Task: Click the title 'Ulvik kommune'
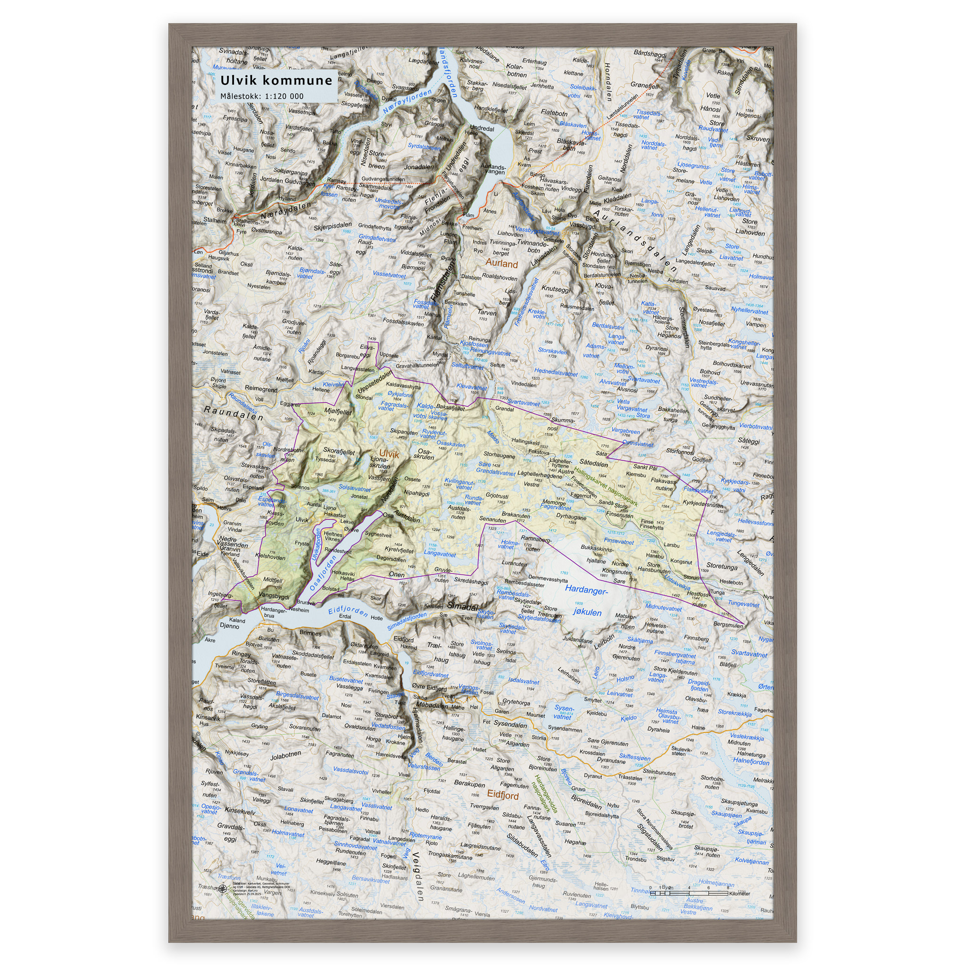pyautogui.click(x=276, y=81)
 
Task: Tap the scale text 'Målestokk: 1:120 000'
pyautogui.click(x=261, y=97)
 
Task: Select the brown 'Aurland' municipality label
pyautogui.click(x=501, y=264)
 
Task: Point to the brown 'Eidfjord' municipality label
pyautogui.click(x=503, y=795)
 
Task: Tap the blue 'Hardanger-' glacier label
pyautogui.click(x=586, y=591)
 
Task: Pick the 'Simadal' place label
pyautogui.click(x=463, y=606)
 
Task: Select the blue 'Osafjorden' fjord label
pyautogui.click(x=324, y=574)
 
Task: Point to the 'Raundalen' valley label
pyautogui.click(x=233, y=414)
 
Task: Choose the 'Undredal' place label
pyautogui.click(x=482, y=128)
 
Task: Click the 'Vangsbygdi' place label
pyautogui.click(x=274, y=597)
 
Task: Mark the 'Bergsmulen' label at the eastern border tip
pyautogui.click(x=728, y=625)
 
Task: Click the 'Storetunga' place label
pyautogui.click(x=722, y=566)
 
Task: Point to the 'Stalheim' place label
pyautogui.click(x=215, y=220)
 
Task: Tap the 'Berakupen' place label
pyautogui.click(x=469, y=783)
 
